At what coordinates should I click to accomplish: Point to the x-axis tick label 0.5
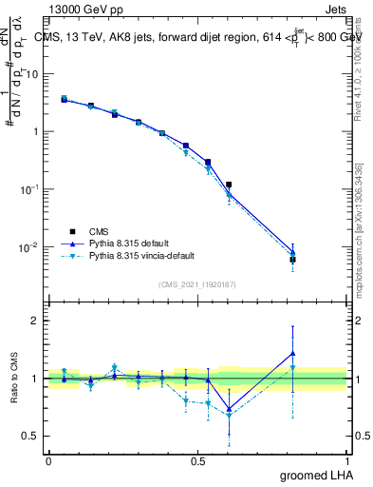pyautogui.click(x=197, y=460)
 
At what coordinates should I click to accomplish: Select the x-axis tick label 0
pyautogui.click(x=48, y=460)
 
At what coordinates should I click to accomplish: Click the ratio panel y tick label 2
pyautogui.click(x=35, y=321)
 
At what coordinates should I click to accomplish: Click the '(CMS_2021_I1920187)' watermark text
pyautogui.click(x=197, y=283)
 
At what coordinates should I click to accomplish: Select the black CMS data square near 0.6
pyautogui.click(x=229, y=185)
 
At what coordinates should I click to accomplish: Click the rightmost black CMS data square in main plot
pyautogui.click(x=293, y=259)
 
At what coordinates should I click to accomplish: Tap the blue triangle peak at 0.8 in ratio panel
pyautogui.click(x=293, y=353)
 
